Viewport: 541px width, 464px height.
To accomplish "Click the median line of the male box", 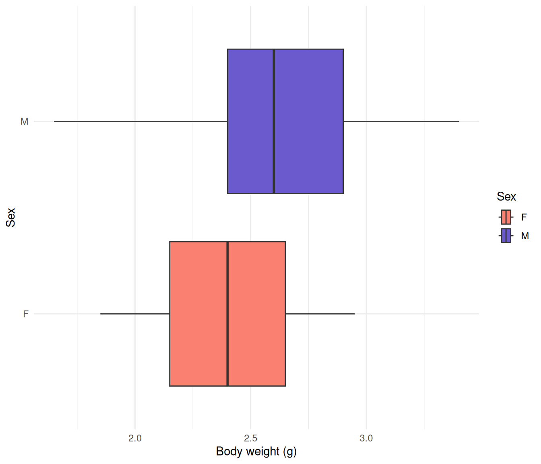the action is pyautogui.click(x=274, y=121).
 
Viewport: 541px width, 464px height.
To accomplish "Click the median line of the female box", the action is pyautogui.click(x=227, y=314).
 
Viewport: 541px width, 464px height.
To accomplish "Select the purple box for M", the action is pyautogui.click(x=285, y=121).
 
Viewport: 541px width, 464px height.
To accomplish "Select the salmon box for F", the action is pyautogui.click(x=227, y=314).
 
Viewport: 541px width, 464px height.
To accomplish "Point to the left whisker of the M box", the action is pyautogui.click(x=140, y=121).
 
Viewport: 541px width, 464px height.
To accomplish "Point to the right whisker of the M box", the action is pyautogui.click(x=401, y=121).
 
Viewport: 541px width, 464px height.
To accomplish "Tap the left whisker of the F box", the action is pyautogui.click(x=135, y=314).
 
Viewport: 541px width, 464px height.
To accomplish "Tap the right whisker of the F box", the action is pyautogui.click(x=320, y=314).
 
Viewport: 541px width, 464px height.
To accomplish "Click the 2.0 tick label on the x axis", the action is pyautogui.click(x=135, y=438).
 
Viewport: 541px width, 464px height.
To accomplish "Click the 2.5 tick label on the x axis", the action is pyautogui.click(x=250, y=438).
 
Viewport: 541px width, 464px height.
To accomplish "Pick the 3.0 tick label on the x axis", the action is pyautogui.click(x=366, y=438).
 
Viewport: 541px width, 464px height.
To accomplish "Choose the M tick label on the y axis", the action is pyautogui.click(x=24, y=122).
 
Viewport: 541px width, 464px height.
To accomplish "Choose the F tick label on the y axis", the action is pyautogui.click(x=26, y=314).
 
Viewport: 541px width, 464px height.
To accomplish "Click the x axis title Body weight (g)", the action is pyautogui.click(x=256, y=452).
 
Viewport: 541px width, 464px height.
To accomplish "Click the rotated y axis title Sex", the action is pyautogui.click(x=11, y=217).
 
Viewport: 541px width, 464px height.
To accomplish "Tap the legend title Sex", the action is pyautogui.click(x=506, y=197).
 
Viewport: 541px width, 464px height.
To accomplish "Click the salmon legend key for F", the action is pyautogui.click(x=506, y=217).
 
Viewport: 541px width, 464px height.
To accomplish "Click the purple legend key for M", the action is pyautogui.click(x=506, y=236).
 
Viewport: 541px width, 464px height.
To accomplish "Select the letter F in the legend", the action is pyautogui.click(x=524, y=217).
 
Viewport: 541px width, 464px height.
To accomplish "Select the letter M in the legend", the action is pyautogui.click(x=525, y=236).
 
